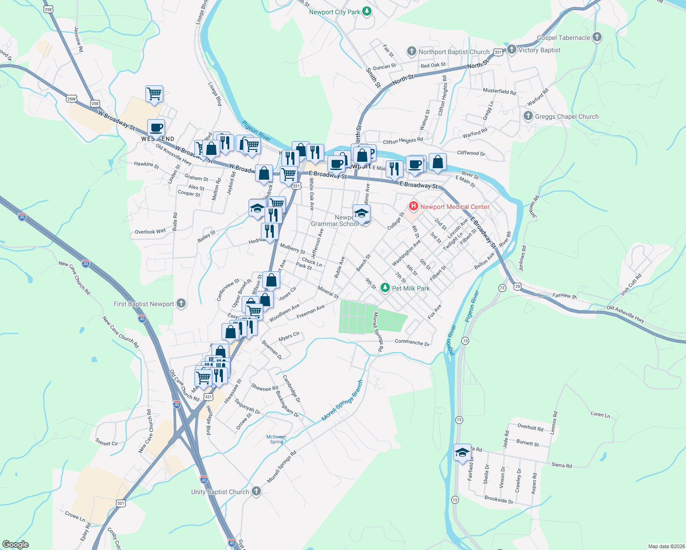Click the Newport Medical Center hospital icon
(414, 206)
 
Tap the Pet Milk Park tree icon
(385, 288)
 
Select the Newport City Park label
(334, 12)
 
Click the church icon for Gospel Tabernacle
(597, 37)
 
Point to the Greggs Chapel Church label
(567, 116)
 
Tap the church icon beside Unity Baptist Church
(256, 491)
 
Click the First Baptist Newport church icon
(181, 303)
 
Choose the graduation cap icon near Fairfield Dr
(462, 453)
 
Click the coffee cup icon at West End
(156, 127)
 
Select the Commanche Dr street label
(412, 343)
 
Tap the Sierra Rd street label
(561, 465)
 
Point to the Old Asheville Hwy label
(625, 314)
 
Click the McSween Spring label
(276, 439)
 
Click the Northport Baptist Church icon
(412, 51)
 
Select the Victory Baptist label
(539, 50)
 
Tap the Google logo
(16, 544)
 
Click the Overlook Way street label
(150, 231)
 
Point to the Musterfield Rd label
(499, 91)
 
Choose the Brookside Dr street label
(499, 500)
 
